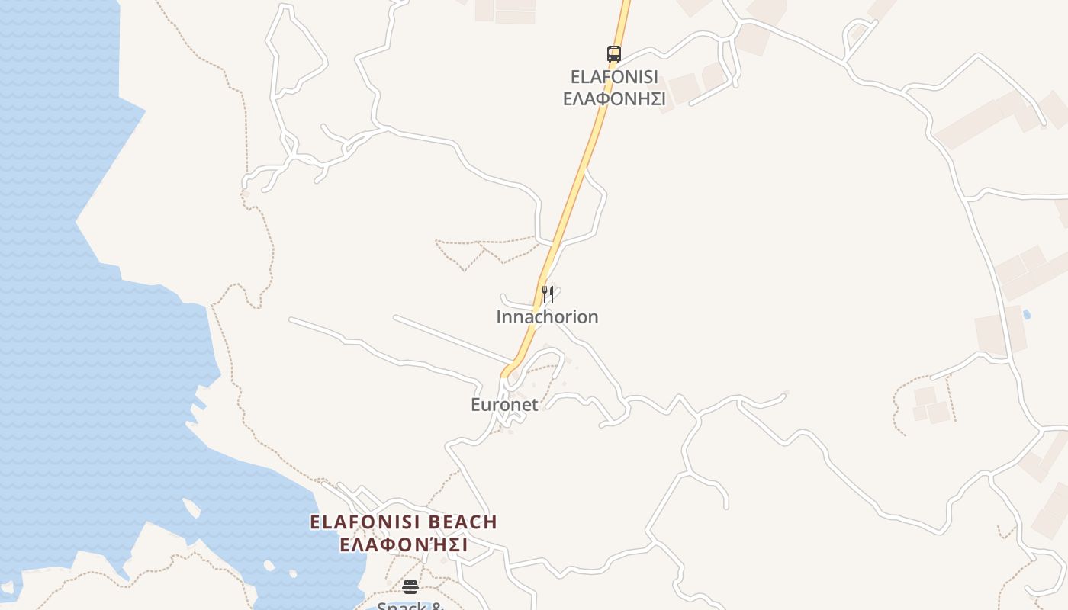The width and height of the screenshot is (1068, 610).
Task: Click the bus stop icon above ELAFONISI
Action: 614,53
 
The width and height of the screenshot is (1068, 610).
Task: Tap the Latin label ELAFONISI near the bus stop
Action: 614,77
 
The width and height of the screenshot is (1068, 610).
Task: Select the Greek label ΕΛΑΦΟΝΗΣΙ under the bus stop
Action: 614,99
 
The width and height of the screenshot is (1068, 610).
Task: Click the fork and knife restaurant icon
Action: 547,294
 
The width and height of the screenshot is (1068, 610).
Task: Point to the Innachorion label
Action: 547,317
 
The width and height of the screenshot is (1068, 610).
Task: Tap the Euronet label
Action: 504,405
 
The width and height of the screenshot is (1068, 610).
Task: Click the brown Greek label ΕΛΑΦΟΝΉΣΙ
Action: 404,545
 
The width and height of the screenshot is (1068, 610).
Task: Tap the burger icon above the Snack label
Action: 410,586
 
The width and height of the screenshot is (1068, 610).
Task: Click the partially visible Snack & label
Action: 410,605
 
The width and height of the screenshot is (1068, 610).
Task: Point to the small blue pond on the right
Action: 1026,314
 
